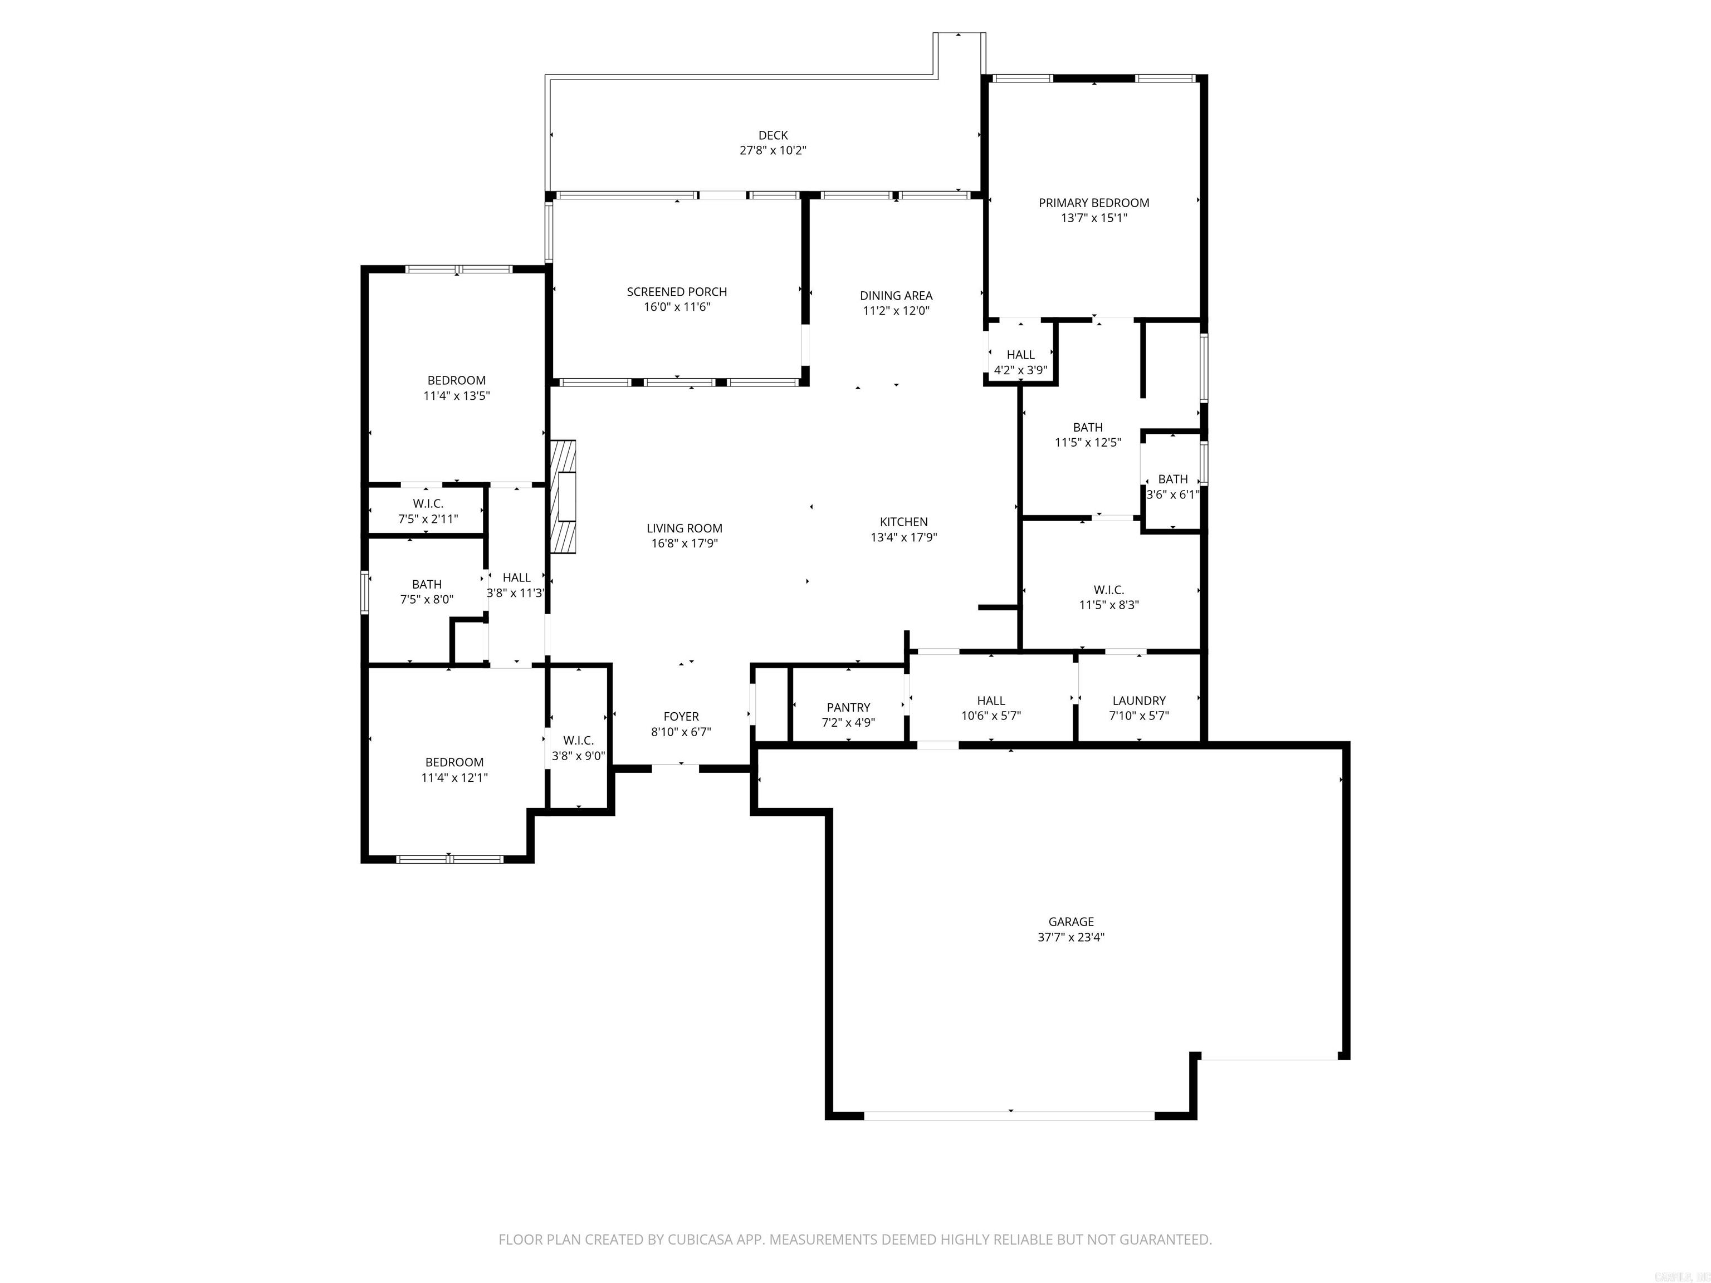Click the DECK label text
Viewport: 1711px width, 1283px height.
click(x=773, y=135)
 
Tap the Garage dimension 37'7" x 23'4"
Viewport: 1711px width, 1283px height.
click(x=1070, y=937)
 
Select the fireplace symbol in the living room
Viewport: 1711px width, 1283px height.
click(x=563, y=497)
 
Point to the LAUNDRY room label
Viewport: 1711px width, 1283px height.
click(x=1138, y=701)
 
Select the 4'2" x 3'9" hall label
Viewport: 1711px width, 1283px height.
click(x=1020, y=362)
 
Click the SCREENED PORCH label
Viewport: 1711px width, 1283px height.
click(x=676, y=292)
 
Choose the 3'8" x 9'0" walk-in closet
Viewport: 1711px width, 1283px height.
click(x=579, y=748)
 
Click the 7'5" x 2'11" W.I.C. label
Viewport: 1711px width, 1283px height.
click(x=428, y=511)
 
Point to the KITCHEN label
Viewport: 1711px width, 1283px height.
click(x=903, y=522)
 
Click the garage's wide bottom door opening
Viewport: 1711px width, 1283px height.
click(x=1009, y=1115)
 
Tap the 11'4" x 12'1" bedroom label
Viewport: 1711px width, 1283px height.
click(x=454, y=770)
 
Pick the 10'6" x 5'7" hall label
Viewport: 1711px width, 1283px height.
click(x=990, y=708)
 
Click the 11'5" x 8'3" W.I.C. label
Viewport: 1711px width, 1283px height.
click(x=1108, y=597)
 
